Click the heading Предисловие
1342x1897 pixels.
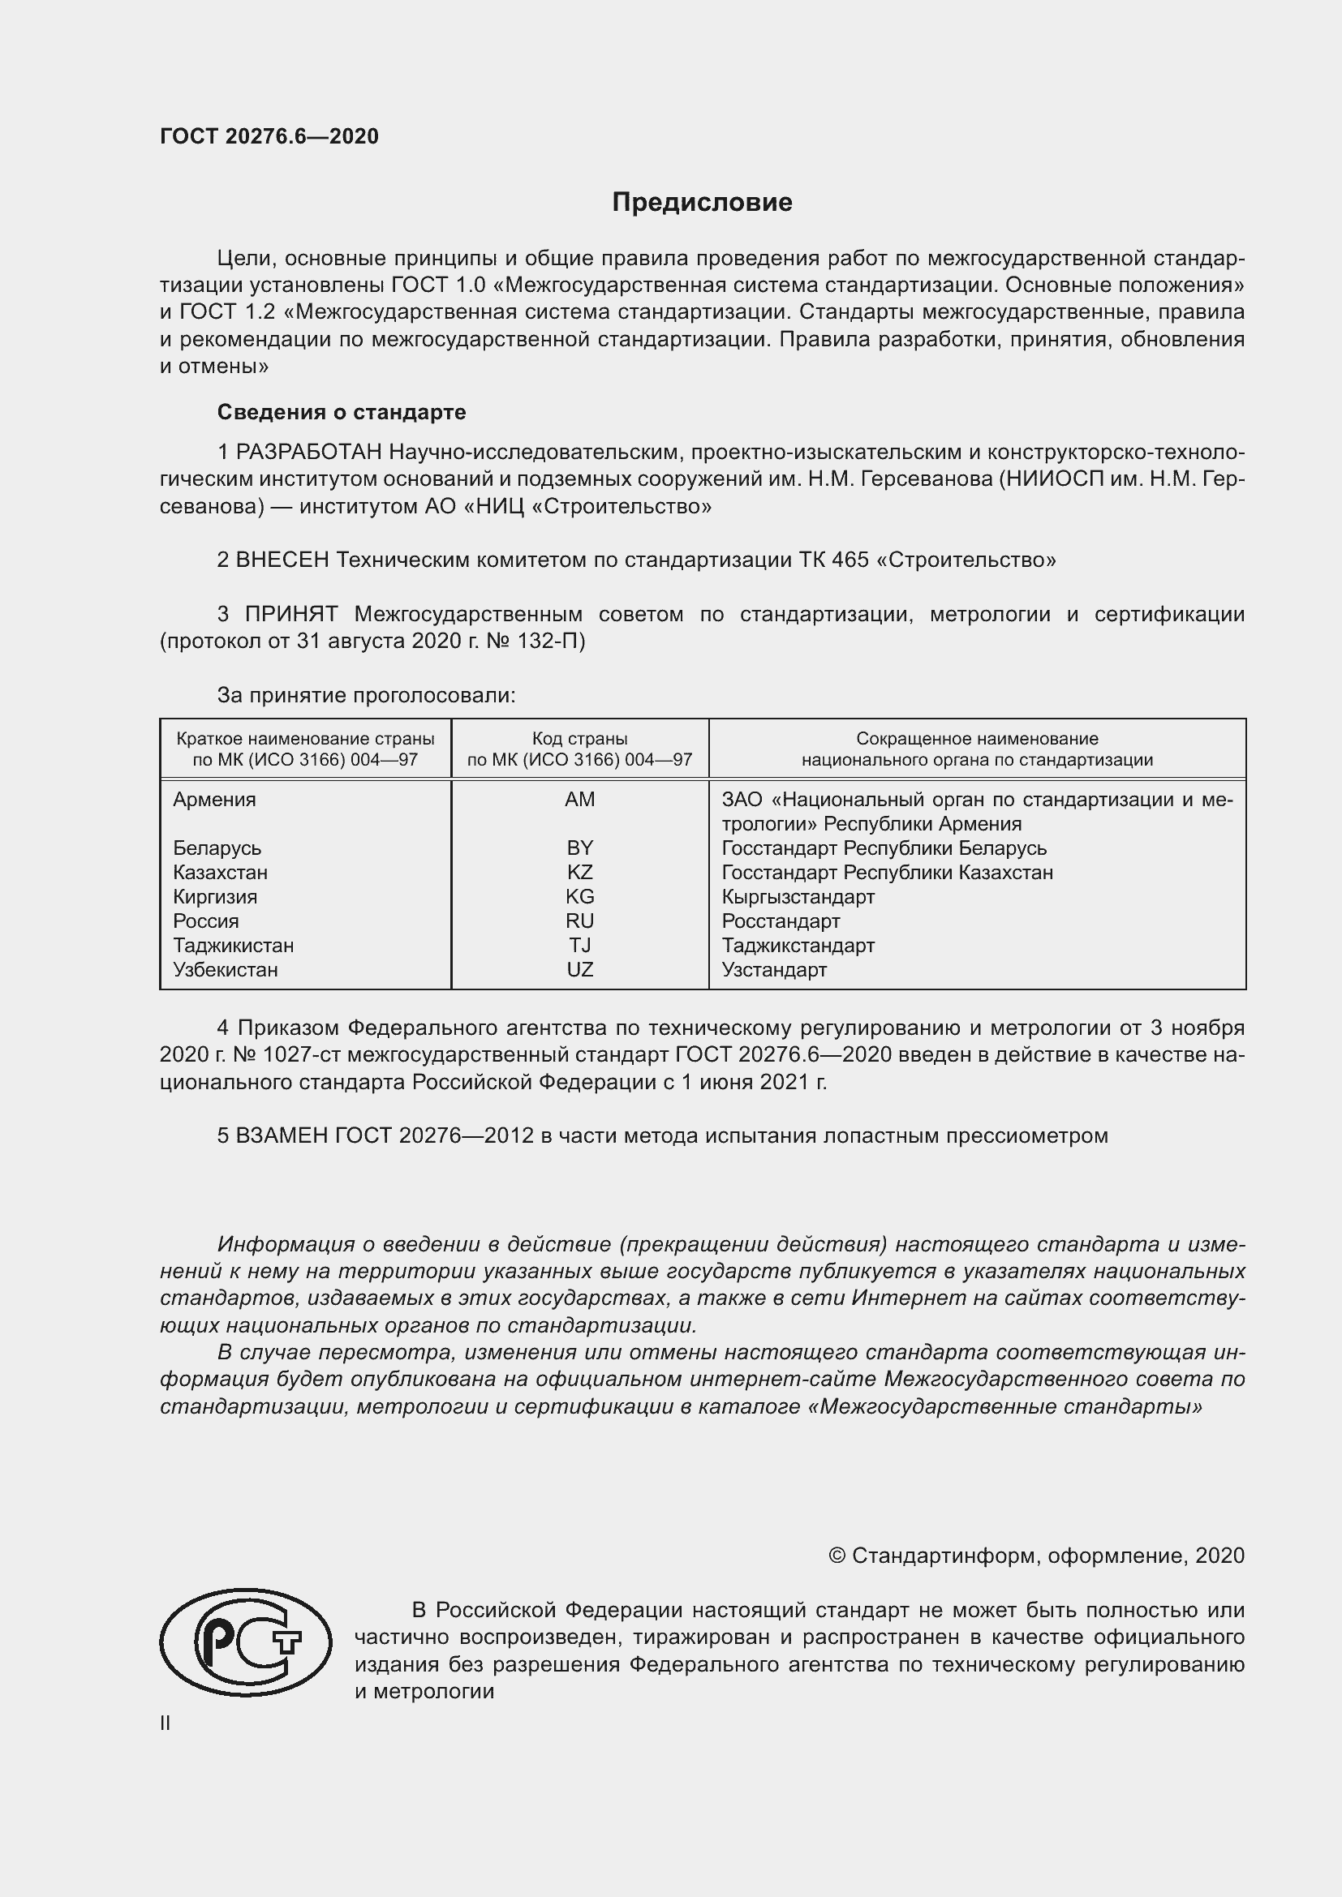point(702,203)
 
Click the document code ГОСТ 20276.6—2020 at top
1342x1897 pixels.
point(269,136)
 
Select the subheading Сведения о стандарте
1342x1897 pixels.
point(342,411)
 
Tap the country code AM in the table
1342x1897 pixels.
point(579,799)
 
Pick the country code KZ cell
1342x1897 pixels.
point(579,872)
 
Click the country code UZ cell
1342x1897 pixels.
point(579,969)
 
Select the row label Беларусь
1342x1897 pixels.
point(217,848)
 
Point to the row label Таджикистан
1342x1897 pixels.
point(233,945)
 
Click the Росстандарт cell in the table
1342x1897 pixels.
point(780,921)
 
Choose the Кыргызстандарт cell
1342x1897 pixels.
point(798,896)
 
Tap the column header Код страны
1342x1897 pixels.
point(579,739)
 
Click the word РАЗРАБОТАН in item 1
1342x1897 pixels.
point(309,452)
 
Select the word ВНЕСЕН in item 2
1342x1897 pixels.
point(282,560)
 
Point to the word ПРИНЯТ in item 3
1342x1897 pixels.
point(291,614)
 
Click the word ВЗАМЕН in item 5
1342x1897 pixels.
point(282,1135)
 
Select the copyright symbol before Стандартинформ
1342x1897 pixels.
point(837,1556)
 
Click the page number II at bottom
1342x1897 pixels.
point(166,1723)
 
